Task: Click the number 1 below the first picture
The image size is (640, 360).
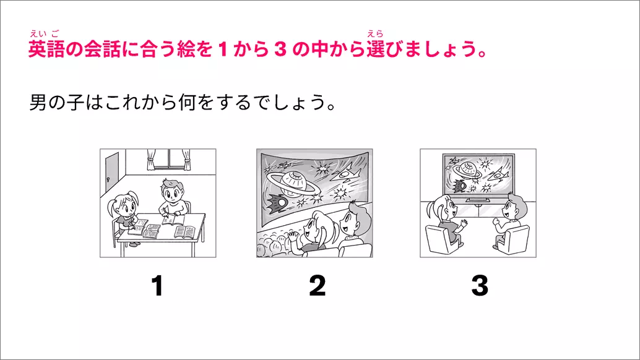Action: pos(158,286)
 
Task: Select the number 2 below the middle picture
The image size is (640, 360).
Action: pos(318,286)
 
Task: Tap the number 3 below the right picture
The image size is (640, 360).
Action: pos(480,286)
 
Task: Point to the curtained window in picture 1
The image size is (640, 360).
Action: pos(169,159)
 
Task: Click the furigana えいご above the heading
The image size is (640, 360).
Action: pos(44,34)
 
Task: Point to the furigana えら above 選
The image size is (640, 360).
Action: pos(375,34)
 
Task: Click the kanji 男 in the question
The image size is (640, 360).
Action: pos(38,102)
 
